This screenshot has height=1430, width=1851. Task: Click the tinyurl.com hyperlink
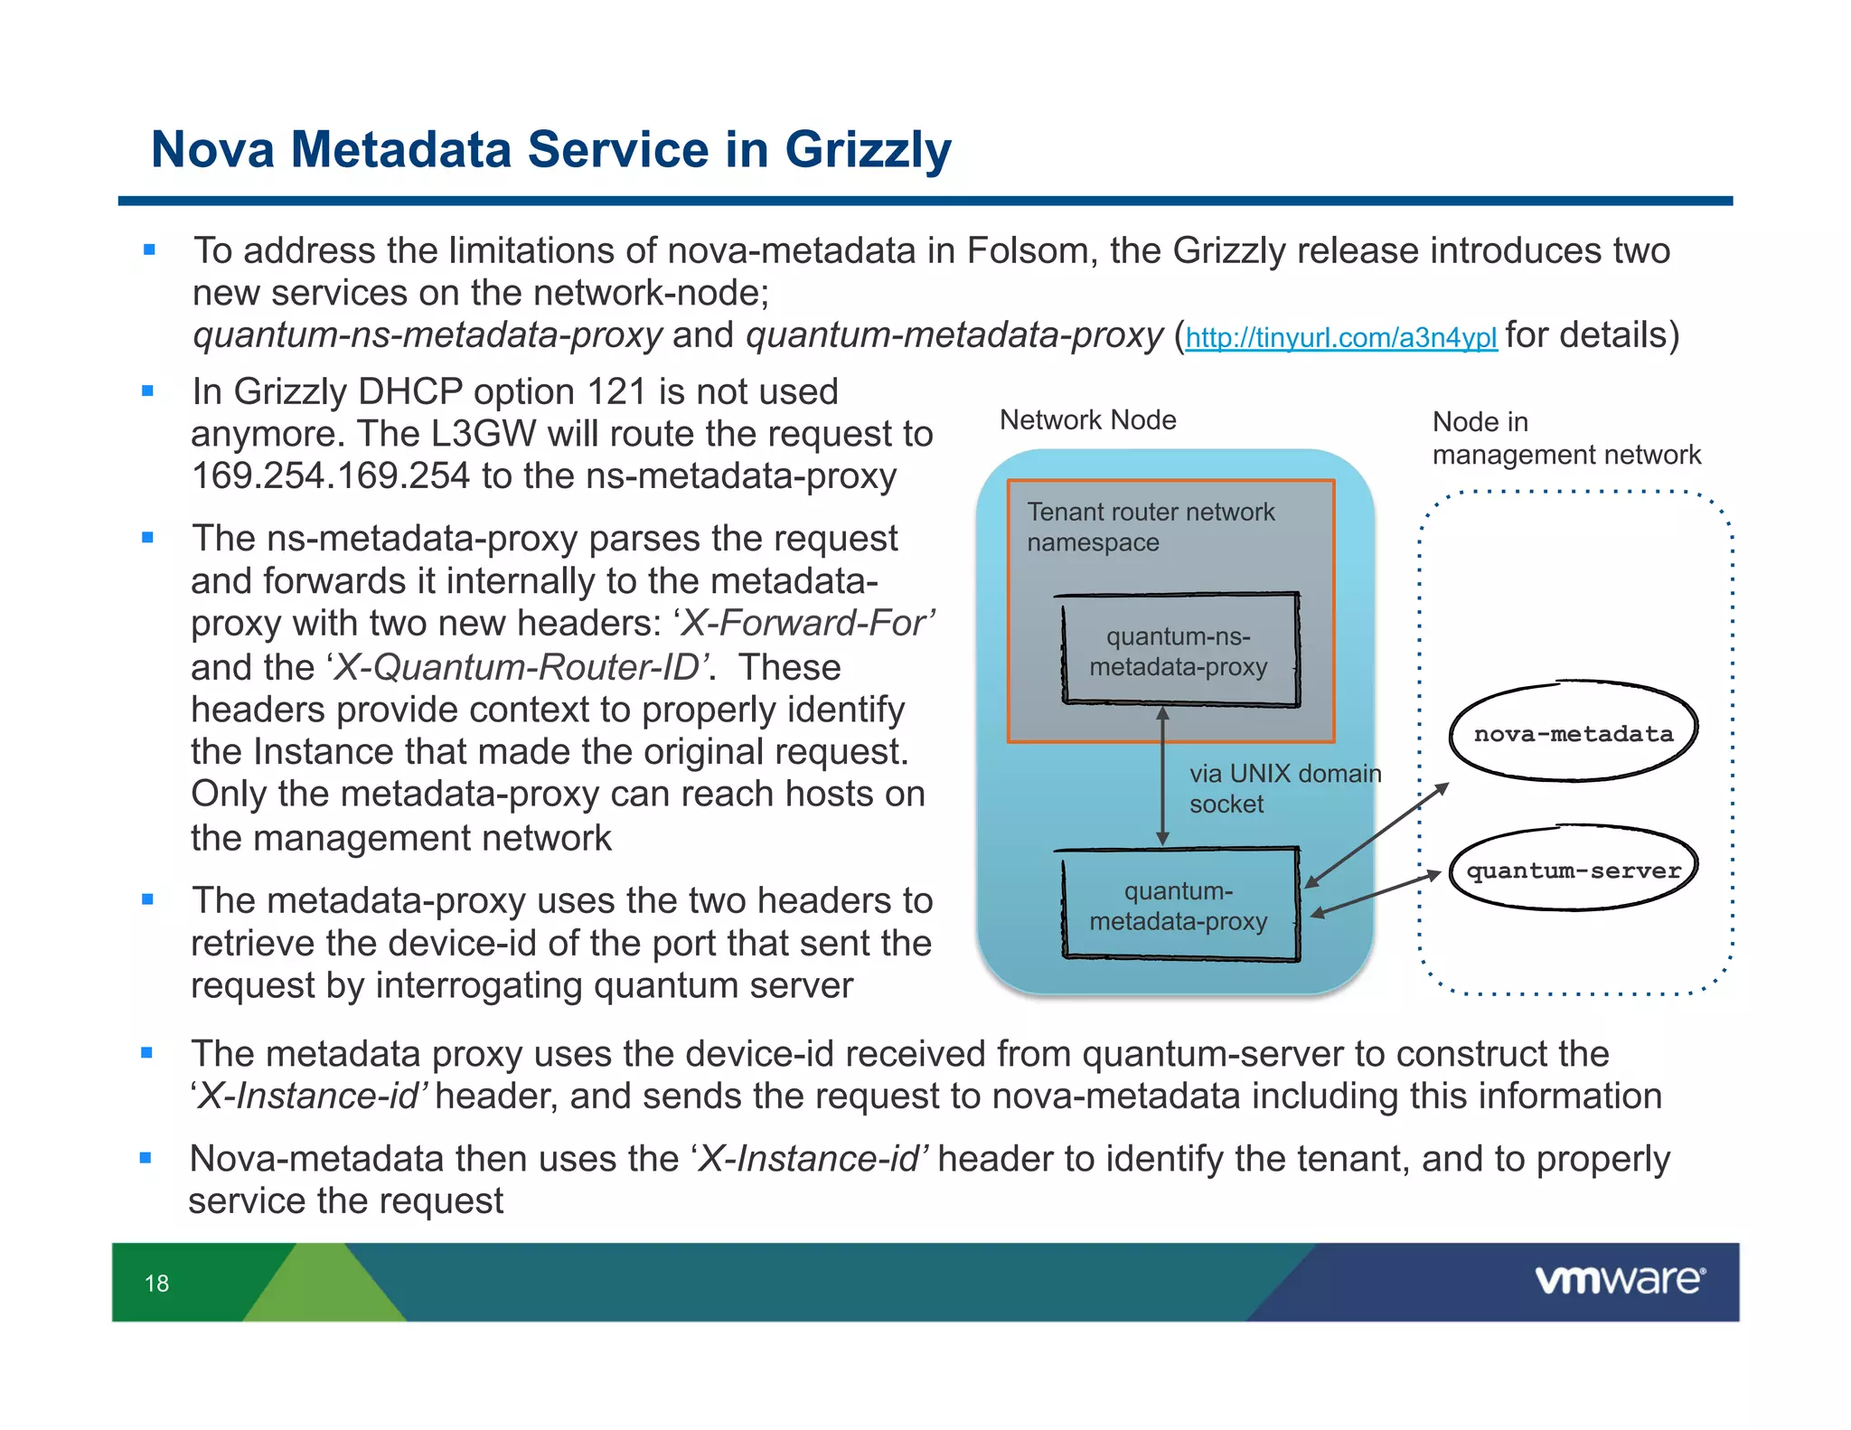pyautogui.click(x=1340, y=338)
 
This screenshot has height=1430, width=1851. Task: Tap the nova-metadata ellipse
pyautogui.click(x=1574, y=732)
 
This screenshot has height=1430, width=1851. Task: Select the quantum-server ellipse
pyautogui.click(x=1574, y=870)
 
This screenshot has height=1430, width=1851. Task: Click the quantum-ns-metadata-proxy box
pyautogui.click(x=1179, y=651)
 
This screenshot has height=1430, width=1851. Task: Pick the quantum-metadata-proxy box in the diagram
pyautogui.click(x=1179, y=906)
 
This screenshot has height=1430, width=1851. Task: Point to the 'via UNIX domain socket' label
pyautogui.click(x=1283, y=788)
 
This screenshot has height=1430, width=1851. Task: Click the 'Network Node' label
pyautogui.click(x=1087, y=420)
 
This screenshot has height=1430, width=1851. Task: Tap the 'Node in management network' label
pyautogui.click(x=1565, y=438)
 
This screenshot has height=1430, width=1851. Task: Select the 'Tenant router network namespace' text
pyautogui.click(x=1150, y=527)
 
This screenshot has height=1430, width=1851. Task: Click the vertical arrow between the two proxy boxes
pyautogui.click(x=1163, y=777)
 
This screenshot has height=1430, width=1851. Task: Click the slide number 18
pyautogui.click(x=156, y=1284)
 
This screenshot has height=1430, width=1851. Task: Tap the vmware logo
pyautogui.click(x=1620, y=1280)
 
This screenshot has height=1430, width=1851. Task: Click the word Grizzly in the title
pyautogui.click(x=868, y=150)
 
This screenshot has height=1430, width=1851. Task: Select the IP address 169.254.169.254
pyautogui.click(x=331, y=476)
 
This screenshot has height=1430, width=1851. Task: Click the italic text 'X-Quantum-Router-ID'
pyautogui.click(x=517, y=668)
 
